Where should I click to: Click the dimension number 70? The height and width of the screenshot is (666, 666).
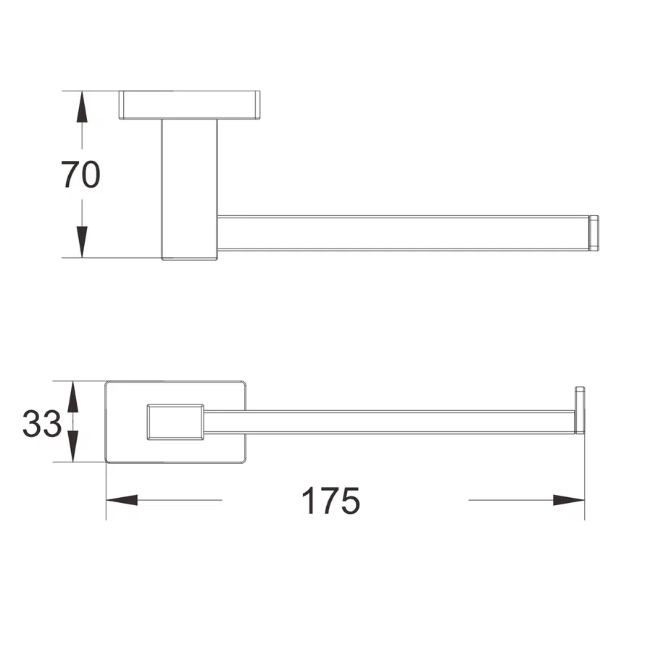pyautogui.click(x=80, y=174)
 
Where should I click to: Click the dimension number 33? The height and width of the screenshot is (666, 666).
pyautogui.click(x=42, y=423)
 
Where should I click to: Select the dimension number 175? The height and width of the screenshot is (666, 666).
pyautogui.click(x=331, y=500)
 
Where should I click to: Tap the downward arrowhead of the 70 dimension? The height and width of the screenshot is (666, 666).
pyautogui.click(x=82, y=241)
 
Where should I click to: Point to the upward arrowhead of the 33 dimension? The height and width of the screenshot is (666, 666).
pyautogui.click(x=73, y=396)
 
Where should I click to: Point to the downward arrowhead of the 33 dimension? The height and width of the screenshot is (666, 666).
pyautogui.click(x=73, y=446)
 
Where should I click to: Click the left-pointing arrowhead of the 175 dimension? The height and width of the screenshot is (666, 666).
pyautogui.click(x=122, y=500)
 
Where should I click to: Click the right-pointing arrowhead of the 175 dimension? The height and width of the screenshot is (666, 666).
pyautogui.click(x=569, y=500)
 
